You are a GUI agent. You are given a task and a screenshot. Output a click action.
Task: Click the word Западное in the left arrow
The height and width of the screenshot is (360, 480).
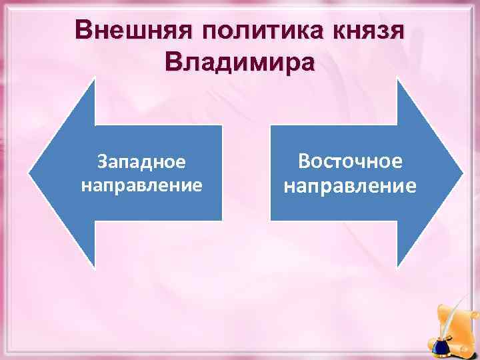(141, 161)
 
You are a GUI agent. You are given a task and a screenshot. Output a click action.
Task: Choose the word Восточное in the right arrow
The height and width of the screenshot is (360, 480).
(350, 161)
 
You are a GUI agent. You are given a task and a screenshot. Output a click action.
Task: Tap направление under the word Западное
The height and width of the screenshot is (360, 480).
(141, 184)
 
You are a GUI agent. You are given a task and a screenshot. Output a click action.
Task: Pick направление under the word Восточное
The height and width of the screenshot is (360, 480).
(350, 185)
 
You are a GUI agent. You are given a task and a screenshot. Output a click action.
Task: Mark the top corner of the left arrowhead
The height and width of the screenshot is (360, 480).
(95, 79)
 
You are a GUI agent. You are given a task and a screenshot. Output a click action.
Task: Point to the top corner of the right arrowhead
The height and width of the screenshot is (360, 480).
(398, 79)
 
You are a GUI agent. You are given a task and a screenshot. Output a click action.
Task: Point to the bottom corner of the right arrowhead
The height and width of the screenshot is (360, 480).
(398, 267)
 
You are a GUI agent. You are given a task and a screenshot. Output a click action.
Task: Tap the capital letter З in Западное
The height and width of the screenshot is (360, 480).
(101, 161)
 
